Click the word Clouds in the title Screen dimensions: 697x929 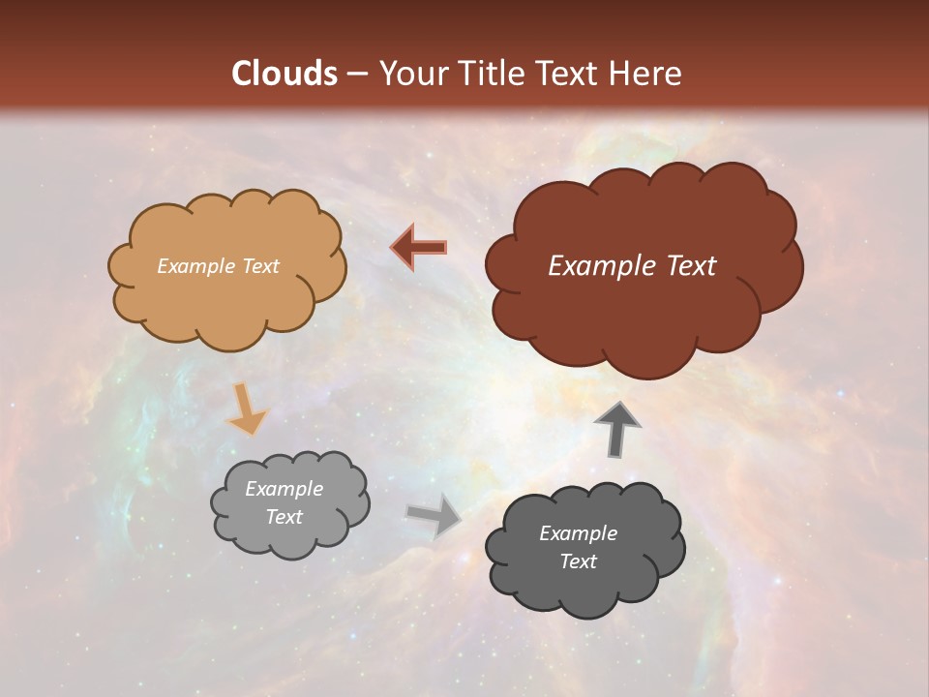[285, 74]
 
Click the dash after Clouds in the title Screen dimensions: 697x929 [356, 75]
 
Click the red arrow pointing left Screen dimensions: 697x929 [419, 248]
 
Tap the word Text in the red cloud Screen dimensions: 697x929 [691, 266]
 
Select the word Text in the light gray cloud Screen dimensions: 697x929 [285, 517]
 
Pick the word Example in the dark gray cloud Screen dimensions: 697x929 [578, 533]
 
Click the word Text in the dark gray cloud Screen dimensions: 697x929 [578, 561]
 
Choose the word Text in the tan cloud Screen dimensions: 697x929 [260, 266]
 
